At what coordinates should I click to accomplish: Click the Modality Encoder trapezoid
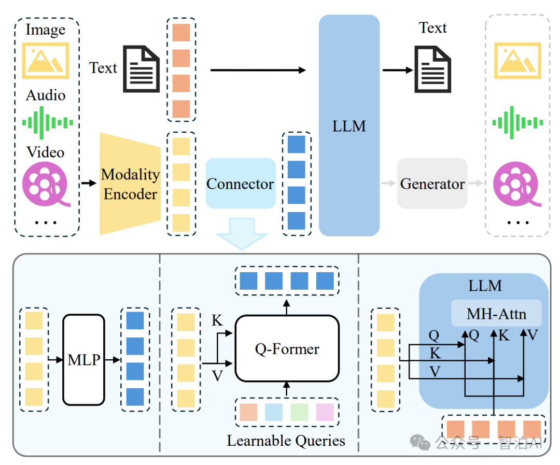(130, 184)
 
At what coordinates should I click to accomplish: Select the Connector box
(241, 183)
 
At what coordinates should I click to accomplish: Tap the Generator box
(432, 183)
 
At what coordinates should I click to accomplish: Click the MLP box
(84, 360)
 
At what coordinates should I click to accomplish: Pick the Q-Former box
(287, 348)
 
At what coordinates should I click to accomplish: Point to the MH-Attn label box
(496, 313)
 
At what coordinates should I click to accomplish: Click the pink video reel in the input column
(47, 184)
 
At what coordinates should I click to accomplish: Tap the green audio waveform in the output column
(517, 123)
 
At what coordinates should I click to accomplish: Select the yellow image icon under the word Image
(46, 61)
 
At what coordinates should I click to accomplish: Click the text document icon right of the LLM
(432, 69)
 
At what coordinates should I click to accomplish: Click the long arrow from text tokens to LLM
(258, 70)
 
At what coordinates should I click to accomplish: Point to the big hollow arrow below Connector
(242, 234)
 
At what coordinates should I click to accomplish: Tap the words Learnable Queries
(286, 441)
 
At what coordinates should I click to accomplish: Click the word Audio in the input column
(46, 95)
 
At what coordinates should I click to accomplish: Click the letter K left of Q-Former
(217, 320)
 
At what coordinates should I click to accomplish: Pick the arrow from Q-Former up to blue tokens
(286, 307)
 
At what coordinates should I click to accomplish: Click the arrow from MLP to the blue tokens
(113, 360)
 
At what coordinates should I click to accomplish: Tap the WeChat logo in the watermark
(420, 443)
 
